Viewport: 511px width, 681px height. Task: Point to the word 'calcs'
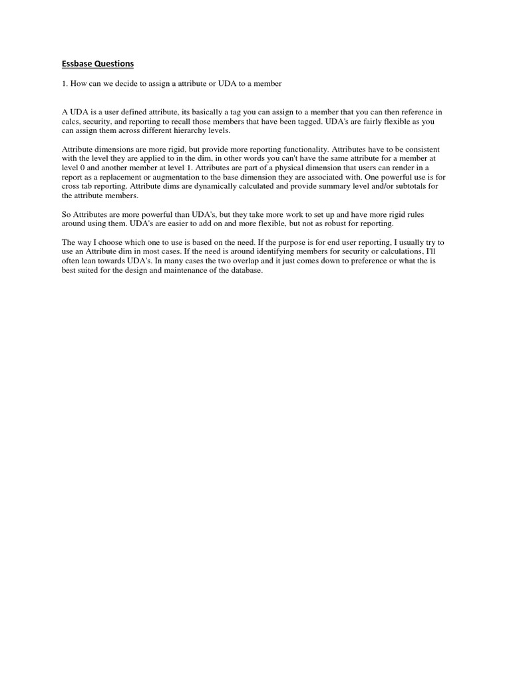pyautogui.click(x=71, y=121)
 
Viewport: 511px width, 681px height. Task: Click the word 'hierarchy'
pyautogui.click(x=179, y=130)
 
